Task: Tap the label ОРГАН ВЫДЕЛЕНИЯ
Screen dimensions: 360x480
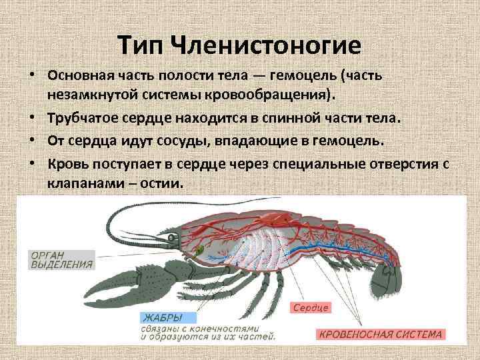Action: pos(60,259)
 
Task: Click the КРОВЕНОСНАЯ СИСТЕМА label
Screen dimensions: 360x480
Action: pos(379,334)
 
